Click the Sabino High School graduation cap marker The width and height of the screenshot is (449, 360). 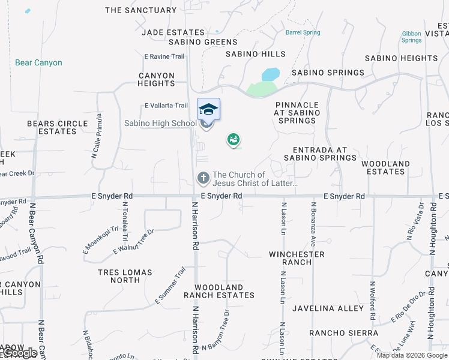click(x=208, y=109)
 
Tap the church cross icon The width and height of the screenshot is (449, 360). click(x=203, y=178)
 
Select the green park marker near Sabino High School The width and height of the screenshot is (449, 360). click(x=234, y=140)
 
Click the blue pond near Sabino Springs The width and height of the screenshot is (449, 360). click(x=271, y=74)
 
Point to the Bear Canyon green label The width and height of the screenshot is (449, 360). click(x=38, y=62)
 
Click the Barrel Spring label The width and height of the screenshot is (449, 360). click(x=303, y=32)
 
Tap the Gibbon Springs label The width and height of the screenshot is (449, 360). click(x=411, y=37)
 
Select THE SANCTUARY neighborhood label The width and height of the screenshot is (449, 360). click(x=141, y=10)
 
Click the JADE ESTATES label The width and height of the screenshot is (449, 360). click(x=173, y=32)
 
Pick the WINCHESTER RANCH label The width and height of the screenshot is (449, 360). click(x=297, y=258)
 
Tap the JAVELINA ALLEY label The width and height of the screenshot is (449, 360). click(x=328, y=308)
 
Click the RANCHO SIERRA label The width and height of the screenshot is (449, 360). click(x=343, y=333)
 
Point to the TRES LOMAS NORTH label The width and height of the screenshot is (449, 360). click(x=125, y=276)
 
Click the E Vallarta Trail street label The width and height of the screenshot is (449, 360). click(x=166, y=106)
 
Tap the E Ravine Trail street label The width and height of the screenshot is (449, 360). click(x=164, y=56)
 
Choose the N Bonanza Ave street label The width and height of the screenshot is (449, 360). click(x=313, y=224)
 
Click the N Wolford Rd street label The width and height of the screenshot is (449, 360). click(x=372, y=300)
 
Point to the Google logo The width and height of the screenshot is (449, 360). click(x=19, y=353)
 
